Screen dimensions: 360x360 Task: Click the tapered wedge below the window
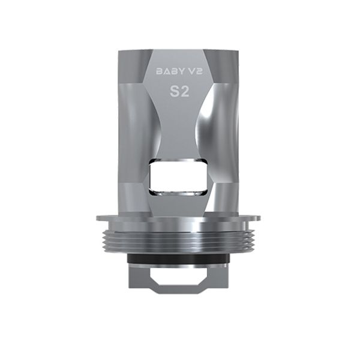180,204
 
